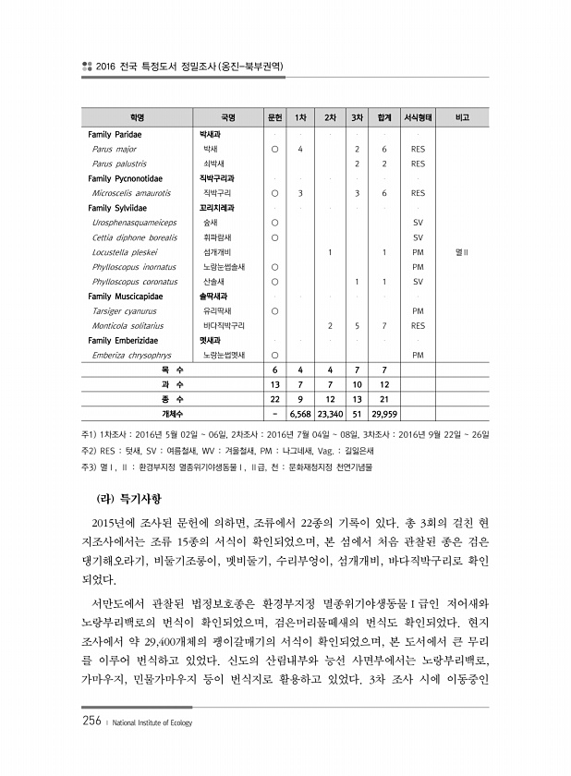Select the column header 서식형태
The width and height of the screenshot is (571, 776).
coord(417,118)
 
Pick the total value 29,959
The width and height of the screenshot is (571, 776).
coord(383,415)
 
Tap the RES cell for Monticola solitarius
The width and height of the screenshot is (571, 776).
coord(417,325)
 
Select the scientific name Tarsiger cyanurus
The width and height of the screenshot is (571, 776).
coord(123,310)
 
